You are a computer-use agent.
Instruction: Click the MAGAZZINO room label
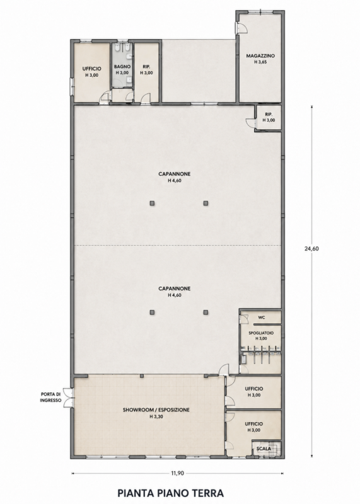260,55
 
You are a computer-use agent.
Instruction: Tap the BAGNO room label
122,67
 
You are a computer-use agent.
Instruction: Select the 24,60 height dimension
311,248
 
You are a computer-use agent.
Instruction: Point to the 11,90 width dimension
177,473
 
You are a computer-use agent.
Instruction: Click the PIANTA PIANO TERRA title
170,493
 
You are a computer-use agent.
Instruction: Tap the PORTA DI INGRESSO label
50,398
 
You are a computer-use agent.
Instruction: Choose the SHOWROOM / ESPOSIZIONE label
156,410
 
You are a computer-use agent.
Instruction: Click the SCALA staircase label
264,449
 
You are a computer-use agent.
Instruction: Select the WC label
262,318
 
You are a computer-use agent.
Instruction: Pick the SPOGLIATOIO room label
261,333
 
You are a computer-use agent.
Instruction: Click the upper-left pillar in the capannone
152,203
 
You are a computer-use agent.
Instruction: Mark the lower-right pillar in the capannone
206,312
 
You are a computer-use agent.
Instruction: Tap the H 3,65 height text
260,62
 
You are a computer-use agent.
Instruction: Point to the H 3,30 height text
156,416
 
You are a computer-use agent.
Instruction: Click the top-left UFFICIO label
91,69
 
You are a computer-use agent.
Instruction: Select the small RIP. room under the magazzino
269,117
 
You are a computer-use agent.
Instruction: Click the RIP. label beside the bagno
146,67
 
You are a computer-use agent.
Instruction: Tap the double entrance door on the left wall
68,398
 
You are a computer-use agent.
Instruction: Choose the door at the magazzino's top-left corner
241,28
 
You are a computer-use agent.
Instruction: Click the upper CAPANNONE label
175,174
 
